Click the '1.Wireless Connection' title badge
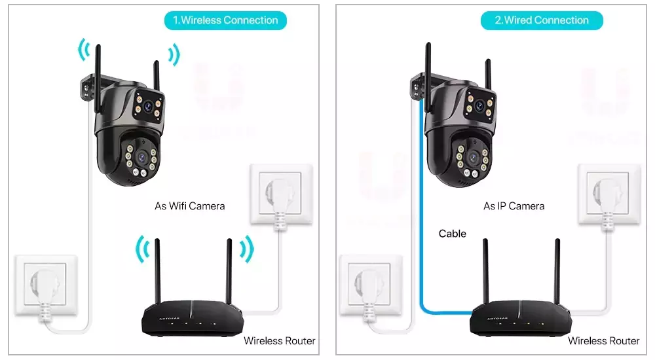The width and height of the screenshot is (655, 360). pos(225,20)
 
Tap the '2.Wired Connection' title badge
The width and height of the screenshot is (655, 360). pos(542,20)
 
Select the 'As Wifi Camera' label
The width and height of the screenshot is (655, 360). pos(189,206)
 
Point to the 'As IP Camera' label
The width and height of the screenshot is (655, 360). pos(514,206)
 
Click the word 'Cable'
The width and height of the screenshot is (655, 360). pos(452,233)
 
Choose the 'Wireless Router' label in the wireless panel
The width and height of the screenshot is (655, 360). pos(279,340)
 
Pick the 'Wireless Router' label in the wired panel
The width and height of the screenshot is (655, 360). pos(603,340)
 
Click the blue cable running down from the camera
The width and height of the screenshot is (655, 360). pos(419,216)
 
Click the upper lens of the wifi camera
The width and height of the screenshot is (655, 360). pos(149,104)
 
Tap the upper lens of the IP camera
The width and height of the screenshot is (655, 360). pos(479,105)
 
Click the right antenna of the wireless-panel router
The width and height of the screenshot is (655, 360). pos(230,272)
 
